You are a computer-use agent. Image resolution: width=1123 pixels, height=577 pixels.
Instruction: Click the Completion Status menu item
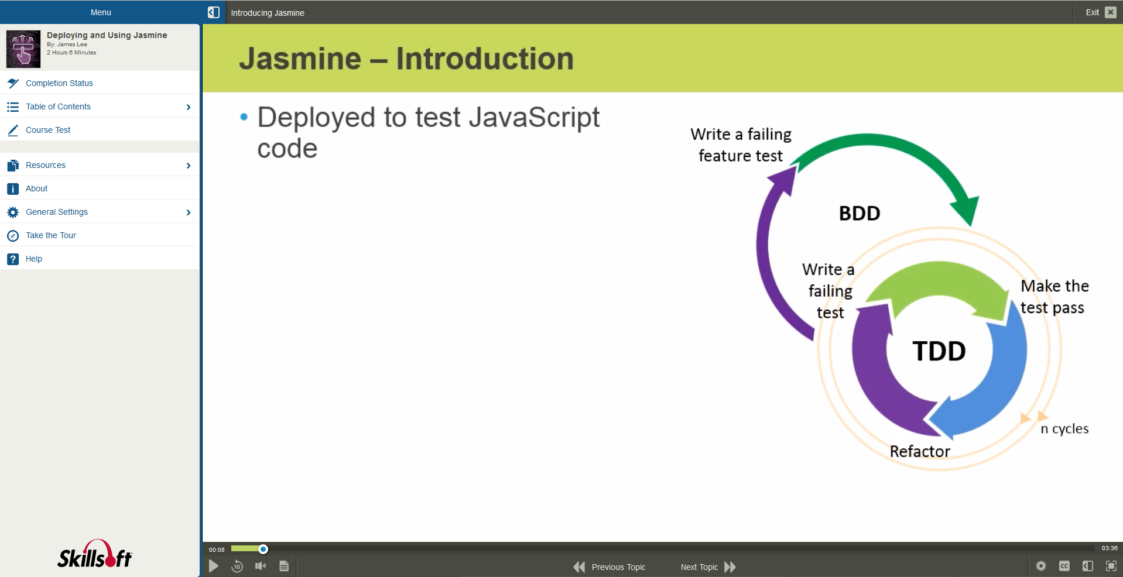(x=59, y=83)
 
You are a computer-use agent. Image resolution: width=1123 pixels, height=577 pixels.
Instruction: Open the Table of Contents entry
(x=58, y=107)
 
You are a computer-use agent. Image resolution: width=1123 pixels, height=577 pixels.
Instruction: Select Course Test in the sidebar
(x=48, y=130)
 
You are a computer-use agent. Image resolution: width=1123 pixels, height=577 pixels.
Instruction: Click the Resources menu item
(x=46, y=165)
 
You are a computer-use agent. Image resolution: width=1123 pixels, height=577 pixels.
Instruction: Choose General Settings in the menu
(x=57, y=212)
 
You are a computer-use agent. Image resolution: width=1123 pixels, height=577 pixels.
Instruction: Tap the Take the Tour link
(x=51, y=235)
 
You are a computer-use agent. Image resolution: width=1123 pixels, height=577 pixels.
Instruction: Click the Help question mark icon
(x=13, y=259)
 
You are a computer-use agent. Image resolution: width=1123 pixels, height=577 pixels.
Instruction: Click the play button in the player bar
(x=214, y=566)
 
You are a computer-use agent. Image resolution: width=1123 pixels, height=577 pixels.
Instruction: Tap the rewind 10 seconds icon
(x=237, y=566)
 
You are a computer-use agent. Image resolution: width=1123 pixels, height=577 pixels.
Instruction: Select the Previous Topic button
(x=610, y=566)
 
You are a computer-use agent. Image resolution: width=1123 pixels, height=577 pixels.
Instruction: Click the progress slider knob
(x=263, y=549)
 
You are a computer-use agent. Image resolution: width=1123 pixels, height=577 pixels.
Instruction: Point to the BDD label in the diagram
(x=859, y=213)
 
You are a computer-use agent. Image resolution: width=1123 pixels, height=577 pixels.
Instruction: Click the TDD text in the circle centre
(x=939, y=351)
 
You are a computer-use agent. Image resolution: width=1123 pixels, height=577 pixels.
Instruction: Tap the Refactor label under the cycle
(x=919, y=451)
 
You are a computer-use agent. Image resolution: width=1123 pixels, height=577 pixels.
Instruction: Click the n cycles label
(x=1064, y=428)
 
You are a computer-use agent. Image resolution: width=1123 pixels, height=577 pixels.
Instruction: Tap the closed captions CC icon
(x=1064, y=566)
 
